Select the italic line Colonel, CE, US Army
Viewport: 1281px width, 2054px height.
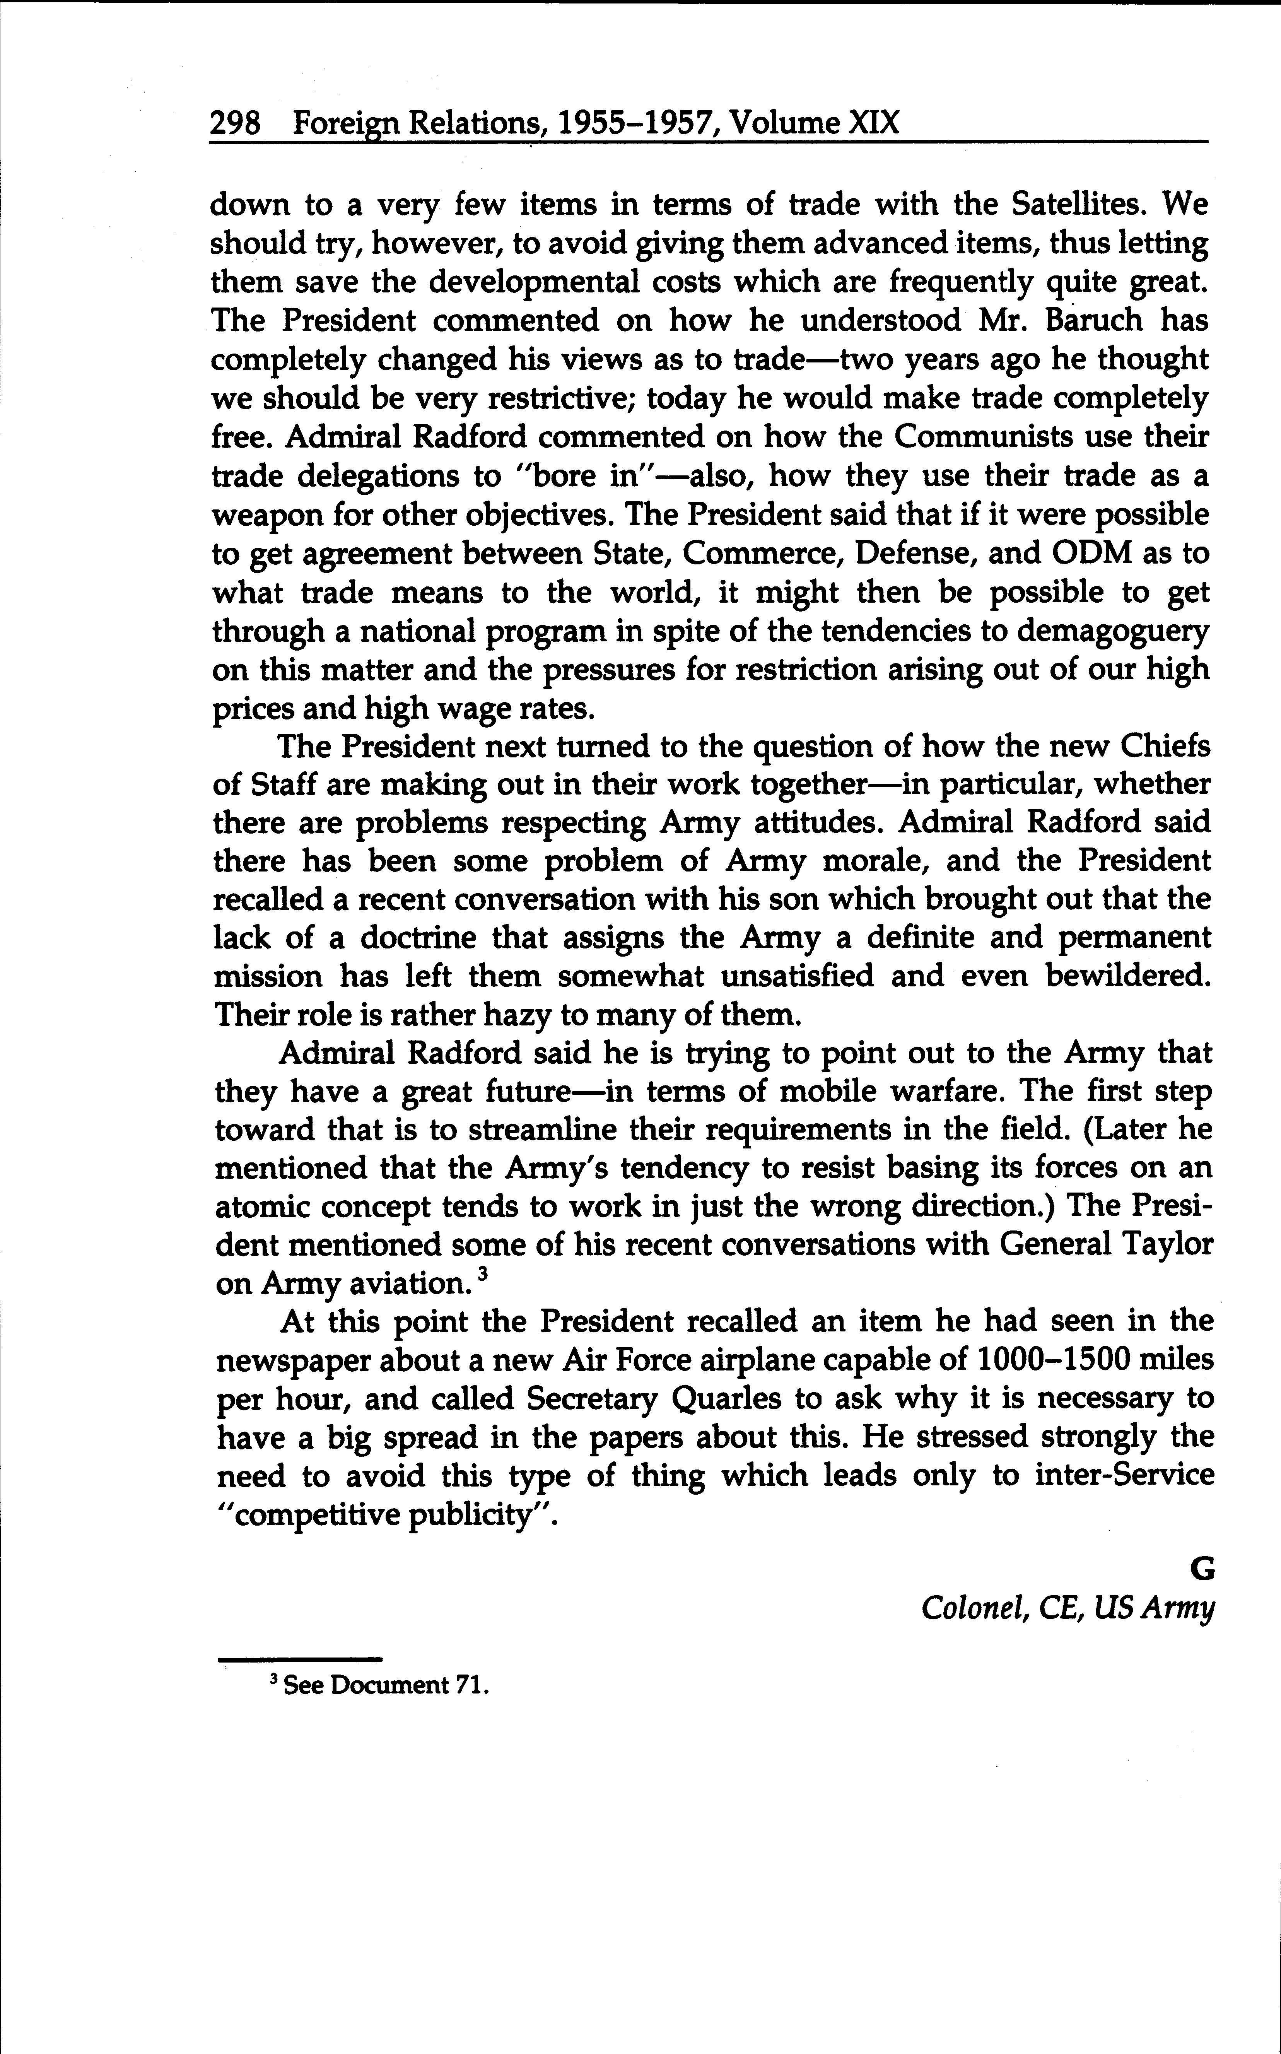1067,1609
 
